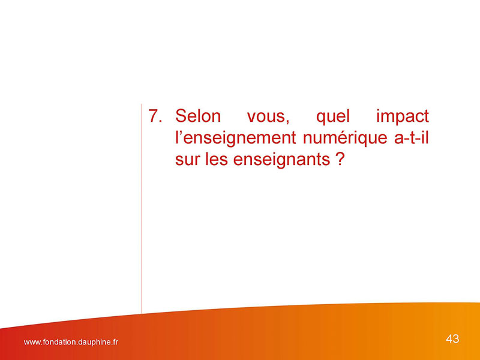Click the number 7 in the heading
point(153,116)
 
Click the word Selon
point(198,116)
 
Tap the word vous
point(266,117)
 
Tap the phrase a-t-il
point(412,137)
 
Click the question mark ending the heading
point(340,159)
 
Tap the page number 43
point(452,339)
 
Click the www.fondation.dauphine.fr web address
point(71,342)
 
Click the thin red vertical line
point(142,209)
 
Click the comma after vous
point(287,122)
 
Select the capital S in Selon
point(181,116)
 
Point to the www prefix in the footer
point(31,343)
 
